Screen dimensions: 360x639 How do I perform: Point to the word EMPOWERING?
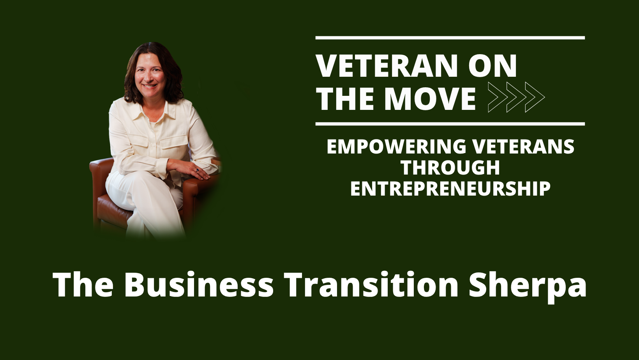396,146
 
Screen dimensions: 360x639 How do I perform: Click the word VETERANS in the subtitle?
523,146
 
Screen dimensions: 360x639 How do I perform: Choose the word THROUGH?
450,168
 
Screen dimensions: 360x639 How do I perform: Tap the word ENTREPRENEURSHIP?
450,189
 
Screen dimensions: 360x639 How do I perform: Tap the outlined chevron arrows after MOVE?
516,97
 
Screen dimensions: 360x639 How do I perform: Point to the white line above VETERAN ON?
450,38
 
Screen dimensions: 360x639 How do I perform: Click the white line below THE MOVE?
450,124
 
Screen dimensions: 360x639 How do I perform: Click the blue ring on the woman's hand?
197,170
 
